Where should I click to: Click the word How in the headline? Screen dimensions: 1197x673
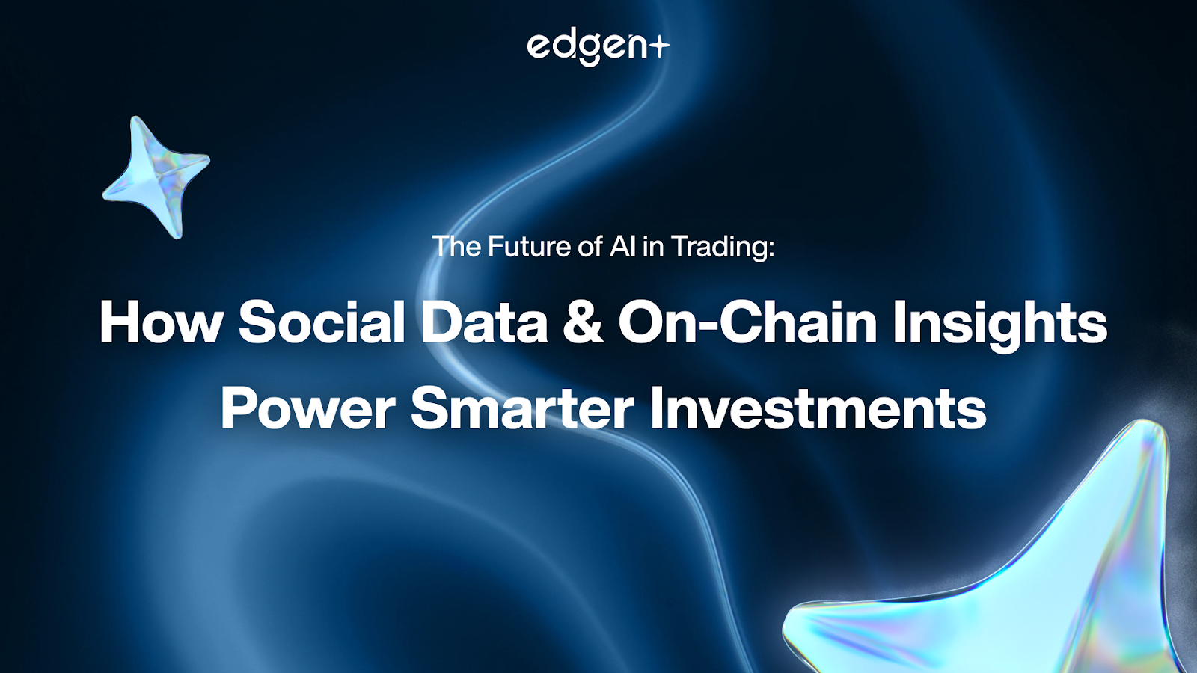160,323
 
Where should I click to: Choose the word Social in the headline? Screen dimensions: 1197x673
322,323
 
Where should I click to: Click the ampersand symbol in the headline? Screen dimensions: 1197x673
583,323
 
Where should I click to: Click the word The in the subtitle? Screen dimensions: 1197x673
457,246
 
